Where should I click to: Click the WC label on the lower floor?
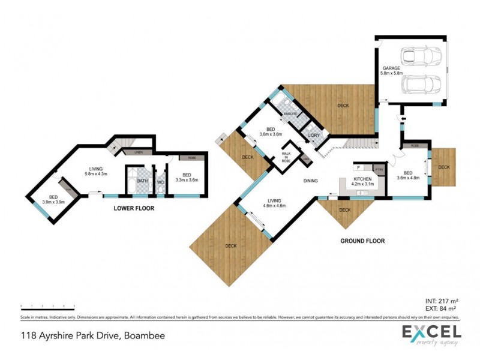(x=160, y=182)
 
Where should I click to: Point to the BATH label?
(x=142, y=180)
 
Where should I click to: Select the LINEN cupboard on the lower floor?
(x=139, y=153)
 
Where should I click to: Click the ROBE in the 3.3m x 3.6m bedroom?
(x=191, y=158)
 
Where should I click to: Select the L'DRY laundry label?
(x=313, y=136)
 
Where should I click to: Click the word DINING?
(x=310, y=181)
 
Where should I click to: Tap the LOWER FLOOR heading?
(x=134, y=209)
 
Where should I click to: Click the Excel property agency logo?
(x=431, y=335)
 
